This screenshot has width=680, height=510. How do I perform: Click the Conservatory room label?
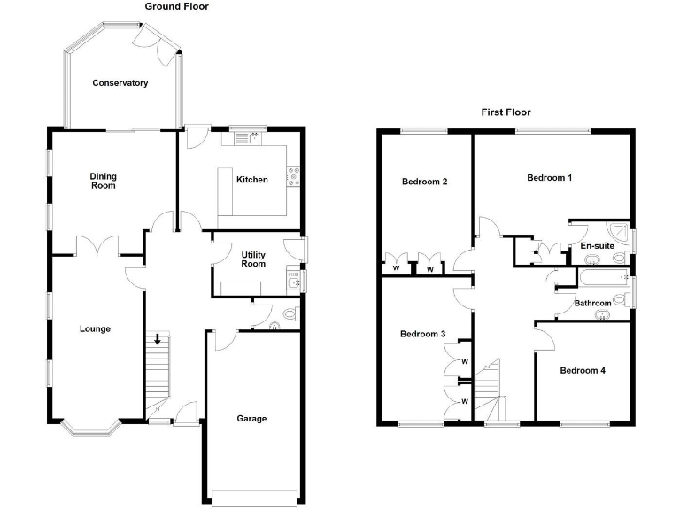[x=120, y=83]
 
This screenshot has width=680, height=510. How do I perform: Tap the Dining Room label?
[x=103, y=181]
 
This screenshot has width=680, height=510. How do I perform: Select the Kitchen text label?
[x=251, y=180]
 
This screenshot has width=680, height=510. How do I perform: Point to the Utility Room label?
[x=253, y=259]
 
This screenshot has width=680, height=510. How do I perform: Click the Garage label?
[x=251, y=419]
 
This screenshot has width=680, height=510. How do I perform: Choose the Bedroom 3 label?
[x=422, y=335]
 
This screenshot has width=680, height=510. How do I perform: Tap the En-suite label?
[x=597, y=245]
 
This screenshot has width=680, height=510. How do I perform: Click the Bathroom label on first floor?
[x=592, y=304]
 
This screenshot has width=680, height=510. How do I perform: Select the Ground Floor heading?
[x=177, y=6]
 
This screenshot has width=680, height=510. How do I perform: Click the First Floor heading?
[x=506, y=112]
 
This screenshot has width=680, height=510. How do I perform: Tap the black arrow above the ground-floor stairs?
[x=158, y=338]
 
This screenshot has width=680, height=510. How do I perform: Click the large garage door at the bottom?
[x=255, y=496]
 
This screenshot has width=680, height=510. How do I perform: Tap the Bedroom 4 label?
[x=583, y=371]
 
